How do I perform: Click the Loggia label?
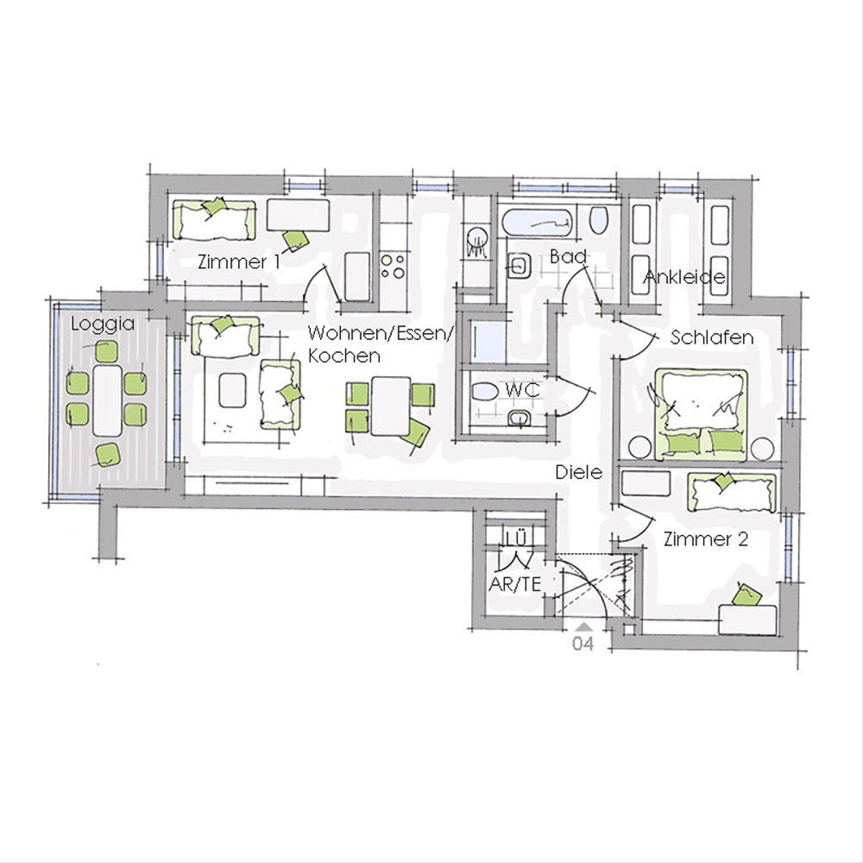tap(103, 324)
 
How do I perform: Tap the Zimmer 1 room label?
tap(239, 262)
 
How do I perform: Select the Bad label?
tap(568, 257)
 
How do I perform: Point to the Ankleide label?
tap(684, 278)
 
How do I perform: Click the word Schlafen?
tap(712, 338)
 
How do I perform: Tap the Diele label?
tap(579, 472)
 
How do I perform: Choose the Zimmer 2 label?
tap(706, 539)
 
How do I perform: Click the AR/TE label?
tap(515, 584)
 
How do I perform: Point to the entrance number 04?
tap(583, 644)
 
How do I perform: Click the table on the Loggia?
tap(107, 401)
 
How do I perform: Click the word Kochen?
tap(344, 356)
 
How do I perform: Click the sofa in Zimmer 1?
tap(214, 220)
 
